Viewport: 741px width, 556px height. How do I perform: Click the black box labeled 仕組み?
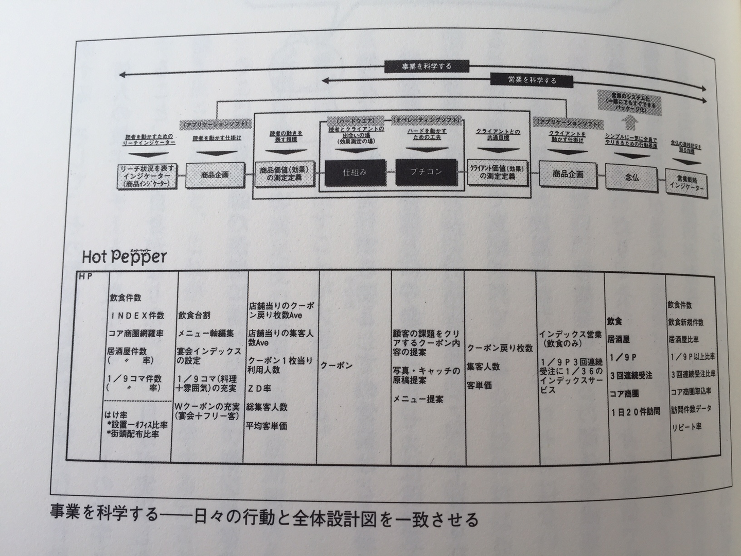coord(355,172)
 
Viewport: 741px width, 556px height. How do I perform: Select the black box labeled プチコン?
coord(427,172)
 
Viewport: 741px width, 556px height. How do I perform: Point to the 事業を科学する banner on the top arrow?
coord(427,67)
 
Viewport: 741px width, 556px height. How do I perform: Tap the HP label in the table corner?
coord(85,277)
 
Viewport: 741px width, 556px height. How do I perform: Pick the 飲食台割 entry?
coord(195,315)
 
